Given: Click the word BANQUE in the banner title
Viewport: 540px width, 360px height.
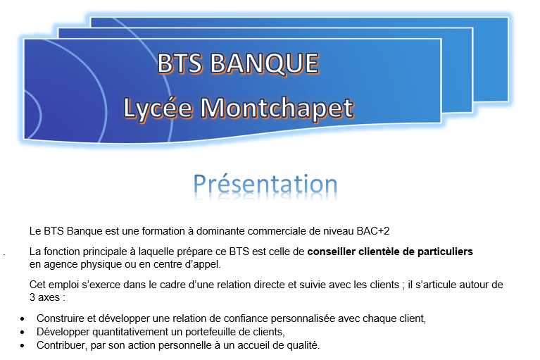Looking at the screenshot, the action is (265, 63).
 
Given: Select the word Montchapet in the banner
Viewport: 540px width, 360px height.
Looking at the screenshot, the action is (277, 108).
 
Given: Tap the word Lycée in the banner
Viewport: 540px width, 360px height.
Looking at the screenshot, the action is (158, 108).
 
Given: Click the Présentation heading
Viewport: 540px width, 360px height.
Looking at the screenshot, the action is (265, 185).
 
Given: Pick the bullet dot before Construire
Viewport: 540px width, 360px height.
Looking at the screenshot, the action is (23, 319).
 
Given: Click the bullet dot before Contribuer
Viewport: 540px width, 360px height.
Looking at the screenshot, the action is (23, 345).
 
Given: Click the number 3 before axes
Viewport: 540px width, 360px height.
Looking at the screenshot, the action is (32, 297).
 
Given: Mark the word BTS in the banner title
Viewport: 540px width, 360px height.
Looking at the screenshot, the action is (180, 63).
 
